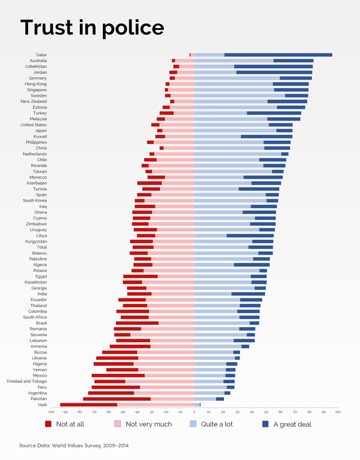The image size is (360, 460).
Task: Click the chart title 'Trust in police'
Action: point(92,28)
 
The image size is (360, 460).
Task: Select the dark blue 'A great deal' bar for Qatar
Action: point(278,55)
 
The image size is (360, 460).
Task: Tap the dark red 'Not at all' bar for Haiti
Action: point(88,404)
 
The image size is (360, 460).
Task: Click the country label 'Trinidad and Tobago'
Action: point(26,381)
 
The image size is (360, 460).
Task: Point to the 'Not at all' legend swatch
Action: point(48,424)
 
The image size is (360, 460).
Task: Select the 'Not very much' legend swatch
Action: point(118,424)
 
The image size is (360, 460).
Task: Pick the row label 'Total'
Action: point(42,247)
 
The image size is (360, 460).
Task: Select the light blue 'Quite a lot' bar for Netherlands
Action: point(237,154)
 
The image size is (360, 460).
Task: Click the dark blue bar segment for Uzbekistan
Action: point(273,66)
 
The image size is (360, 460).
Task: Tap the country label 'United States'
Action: point(34,124)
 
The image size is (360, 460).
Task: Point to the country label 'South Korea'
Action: point(35,200)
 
